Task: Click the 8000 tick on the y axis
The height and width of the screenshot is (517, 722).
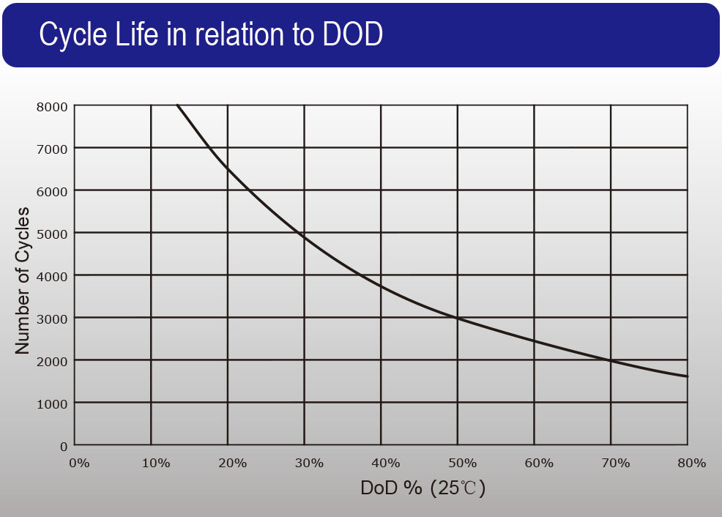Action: coord(53,106)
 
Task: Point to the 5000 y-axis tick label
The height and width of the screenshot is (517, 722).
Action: coord(53,234)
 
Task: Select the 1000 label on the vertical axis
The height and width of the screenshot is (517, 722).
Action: coord(53,403)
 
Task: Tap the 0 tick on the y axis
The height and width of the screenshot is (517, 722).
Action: coord(63,445)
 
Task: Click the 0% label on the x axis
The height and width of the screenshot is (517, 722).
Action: coord(78,463)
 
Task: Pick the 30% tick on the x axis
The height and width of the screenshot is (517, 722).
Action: coord(309,463)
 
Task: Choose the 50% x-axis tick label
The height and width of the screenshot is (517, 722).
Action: coord(462,463)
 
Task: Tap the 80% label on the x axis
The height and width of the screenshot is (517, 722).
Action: coord(691,463)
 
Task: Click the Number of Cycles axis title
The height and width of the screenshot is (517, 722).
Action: coord(23,281)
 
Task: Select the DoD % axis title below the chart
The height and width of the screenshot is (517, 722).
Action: coord(391,488)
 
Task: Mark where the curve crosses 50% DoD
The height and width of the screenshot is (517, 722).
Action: coord(458,319)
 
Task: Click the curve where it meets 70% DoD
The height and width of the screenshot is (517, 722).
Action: coord(611,360)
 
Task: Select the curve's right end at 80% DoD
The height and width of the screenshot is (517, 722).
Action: coord(687,376)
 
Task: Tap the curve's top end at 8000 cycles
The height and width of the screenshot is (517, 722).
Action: coord(177,106)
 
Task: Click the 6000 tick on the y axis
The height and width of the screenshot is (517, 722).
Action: coord(53,191)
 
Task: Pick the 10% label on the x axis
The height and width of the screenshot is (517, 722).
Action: coord(156,463)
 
